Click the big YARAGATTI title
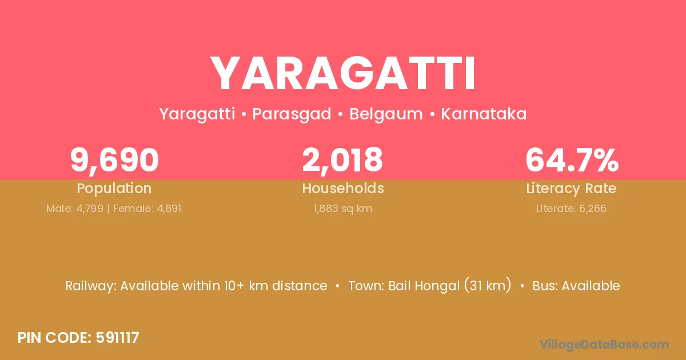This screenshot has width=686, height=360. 342,74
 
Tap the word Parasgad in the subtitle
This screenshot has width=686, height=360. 292,114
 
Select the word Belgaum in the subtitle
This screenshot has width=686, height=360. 386,114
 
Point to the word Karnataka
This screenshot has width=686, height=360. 484,114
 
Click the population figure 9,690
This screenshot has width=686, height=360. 114,161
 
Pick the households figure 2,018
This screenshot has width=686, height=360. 342,161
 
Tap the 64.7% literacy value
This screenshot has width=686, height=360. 572,160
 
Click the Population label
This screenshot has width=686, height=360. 114,189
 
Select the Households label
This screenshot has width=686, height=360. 343,188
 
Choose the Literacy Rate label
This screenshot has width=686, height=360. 571,189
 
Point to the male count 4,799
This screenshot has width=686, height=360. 90,209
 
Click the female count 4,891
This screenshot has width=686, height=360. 169,209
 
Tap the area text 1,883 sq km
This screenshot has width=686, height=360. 342,209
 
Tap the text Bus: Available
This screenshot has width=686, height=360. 576,286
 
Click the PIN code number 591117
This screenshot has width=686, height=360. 118,338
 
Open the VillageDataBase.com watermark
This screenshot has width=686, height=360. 604,345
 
